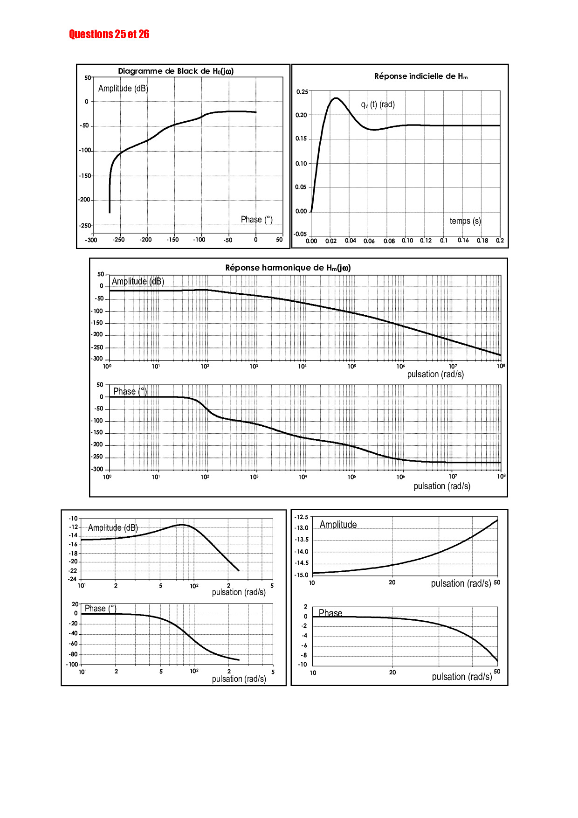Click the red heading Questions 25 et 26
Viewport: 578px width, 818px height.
[x=109, y=34]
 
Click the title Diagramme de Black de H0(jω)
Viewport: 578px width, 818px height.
[x=176, y=71]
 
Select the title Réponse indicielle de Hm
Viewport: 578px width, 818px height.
[x=420, y=76]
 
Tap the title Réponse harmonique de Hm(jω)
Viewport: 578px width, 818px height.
[x=288, y=268]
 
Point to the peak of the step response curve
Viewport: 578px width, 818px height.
[x=336, y=98]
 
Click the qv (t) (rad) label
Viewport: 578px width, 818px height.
[x=378, y=104]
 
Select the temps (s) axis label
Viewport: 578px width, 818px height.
[x=465, y=221]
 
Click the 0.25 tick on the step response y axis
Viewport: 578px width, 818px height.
[x=302, y=91]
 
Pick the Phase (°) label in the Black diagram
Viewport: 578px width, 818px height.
[x=256, y=219]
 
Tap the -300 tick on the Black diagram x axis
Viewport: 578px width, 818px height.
[x=91, y=240]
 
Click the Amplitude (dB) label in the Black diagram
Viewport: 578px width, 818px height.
[x=123, y=89]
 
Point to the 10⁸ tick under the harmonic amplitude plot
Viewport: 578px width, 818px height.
[x=501, y=366]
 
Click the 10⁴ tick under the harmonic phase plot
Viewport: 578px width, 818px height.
[x=303, y=477]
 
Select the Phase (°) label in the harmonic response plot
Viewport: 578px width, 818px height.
[x=130, y=391]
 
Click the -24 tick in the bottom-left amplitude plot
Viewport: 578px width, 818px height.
[x=72, y=579]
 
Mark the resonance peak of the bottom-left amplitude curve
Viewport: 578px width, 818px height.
[x=182, y=525]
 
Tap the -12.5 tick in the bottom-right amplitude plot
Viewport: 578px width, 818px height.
[x=302, y=517]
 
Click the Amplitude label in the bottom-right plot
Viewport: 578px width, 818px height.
[x=338, y=525]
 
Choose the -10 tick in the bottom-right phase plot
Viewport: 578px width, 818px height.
[x=303, y=665]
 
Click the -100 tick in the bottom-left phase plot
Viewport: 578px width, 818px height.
[x=72, y=665]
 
